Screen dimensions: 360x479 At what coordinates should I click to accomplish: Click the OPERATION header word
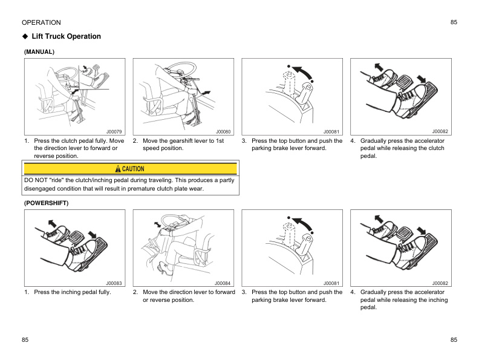pos(41,22)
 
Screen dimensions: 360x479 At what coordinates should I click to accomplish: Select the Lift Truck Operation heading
pos(67,36)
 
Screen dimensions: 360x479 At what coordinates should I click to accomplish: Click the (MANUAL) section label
pos(39,52)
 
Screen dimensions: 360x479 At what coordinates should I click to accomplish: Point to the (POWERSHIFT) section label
pos(47,203)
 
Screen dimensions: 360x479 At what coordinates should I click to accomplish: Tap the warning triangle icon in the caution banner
pos(119,169)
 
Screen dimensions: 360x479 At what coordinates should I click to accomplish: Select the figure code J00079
pos(114,131)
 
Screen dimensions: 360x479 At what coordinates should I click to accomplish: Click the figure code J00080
pos(223,131)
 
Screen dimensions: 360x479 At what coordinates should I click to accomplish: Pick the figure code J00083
pos(114,283)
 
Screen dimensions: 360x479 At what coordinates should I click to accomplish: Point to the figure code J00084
pos(223,283)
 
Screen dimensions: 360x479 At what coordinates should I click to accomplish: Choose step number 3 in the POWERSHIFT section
pos(244,292)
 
